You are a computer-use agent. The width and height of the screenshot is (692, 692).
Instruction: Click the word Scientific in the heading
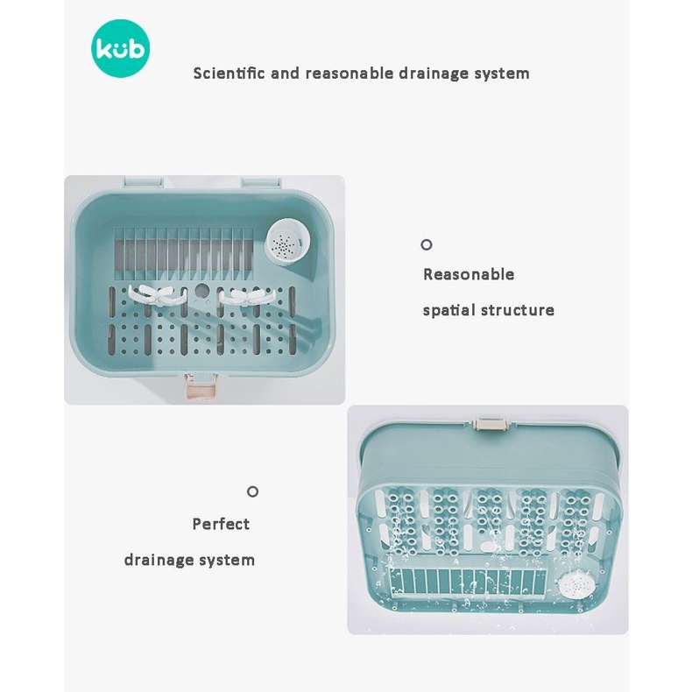[229, 73]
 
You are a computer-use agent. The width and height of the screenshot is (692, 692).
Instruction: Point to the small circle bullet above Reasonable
[427, 245]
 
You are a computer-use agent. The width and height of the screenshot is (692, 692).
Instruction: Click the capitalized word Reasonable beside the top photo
[469, 274]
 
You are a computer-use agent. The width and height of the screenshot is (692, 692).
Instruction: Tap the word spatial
[449, 310]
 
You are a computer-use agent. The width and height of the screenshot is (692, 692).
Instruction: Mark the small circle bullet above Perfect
[252, 491]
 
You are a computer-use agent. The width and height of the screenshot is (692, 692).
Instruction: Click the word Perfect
[221, 524]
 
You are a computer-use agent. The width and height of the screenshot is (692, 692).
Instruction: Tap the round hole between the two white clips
[201, 291]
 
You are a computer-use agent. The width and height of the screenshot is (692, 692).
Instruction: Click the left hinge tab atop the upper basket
[143, 182]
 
